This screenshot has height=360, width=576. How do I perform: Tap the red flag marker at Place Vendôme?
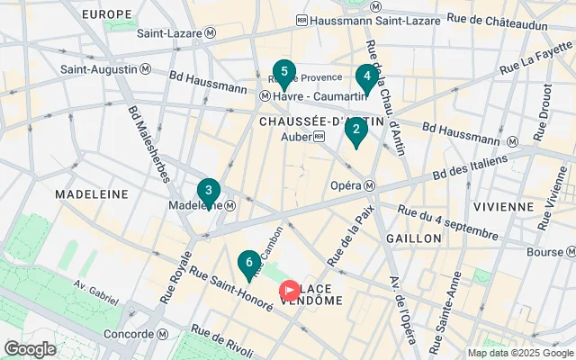pos(290,291)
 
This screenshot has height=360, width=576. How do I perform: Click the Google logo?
pos(29,348)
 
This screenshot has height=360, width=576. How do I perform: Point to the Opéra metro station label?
pos(354,185)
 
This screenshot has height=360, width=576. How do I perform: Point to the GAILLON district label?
pos(413,238)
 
